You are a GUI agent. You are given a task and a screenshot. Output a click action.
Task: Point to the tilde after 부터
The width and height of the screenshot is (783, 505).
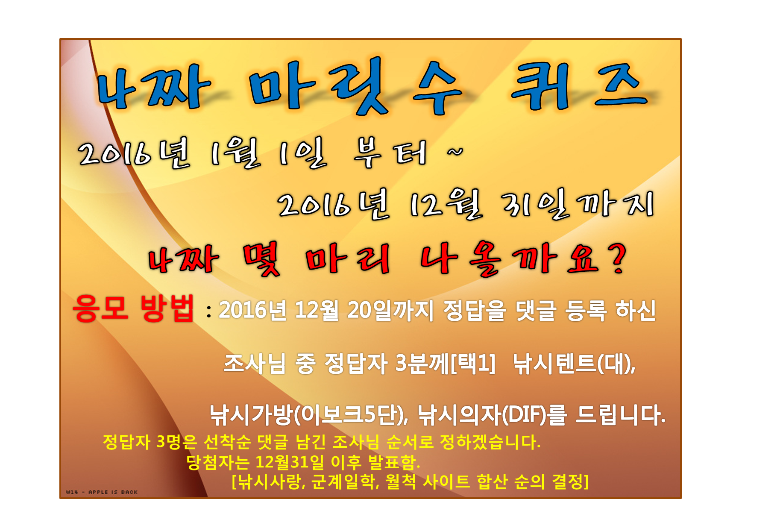click(x=455, y=152)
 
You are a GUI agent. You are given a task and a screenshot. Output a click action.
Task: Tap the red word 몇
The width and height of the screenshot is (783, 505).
click(x=261, y=258)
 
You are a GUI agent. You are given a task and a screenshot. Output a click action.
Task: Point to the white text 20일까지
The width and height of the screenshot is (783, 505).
click(x=390, y=310)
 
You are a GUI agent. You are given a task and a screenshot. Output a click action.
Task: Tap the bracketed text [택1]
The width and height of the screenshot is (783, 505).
click(x=473, y=364)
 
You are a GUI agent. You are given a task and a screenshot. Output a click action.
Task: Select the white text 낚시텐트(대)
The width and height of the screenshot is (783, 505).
click(x=574, y=364)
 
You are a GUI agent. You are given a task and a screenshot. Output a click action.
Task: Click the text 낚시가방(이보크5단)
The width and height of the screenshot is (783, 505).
click(x=308, y=415)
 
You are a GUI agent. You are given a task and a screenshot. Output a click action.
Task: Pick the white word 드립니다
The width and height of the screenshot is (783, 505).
click(x=620, y=415)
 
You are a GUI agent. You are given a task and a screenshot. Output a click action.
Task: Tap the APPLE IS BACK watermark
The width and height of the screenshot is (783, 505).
click(x=113, y=492)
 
